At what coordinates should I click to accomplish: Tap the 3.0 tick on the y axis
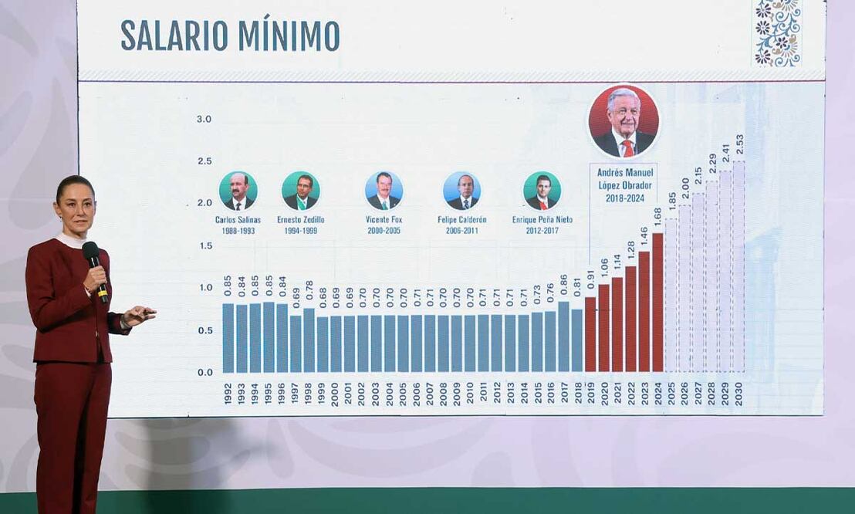(204, 119)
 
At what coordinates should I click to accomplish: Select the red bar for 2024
(657, 303)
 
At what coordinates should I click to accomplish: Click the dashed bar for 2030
(738, 266)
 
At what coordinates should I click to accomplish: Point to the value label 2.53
(739, 144)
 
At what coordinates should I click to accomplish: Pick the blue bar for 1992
(228, 337)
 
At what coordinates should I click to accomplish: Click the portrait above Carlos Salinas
(238, 191)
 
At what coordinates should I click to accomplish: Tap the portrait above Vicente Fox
(384, 191)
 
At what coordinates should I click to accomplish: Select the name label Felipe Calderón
(461, 220)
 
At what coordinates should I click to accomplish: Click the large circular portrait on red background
(624, 122)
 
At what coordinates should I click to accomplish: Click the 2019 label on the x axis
(590, 393)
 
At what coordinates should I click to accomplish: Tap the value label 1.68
(657, 218)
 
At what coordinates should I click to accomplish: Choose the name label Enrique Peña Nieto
(542, 220)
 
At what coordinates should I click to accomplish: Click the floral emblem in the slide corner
(777, 32)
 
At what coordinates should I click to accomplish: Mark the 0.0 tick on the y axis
(204, 372)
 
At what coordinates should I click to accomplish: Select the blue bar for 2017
(563, 336)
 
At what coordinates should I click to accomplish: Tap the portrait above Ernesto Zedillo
(300, 191)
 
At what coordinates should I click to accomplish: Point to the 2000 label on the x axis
(335, 393)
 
